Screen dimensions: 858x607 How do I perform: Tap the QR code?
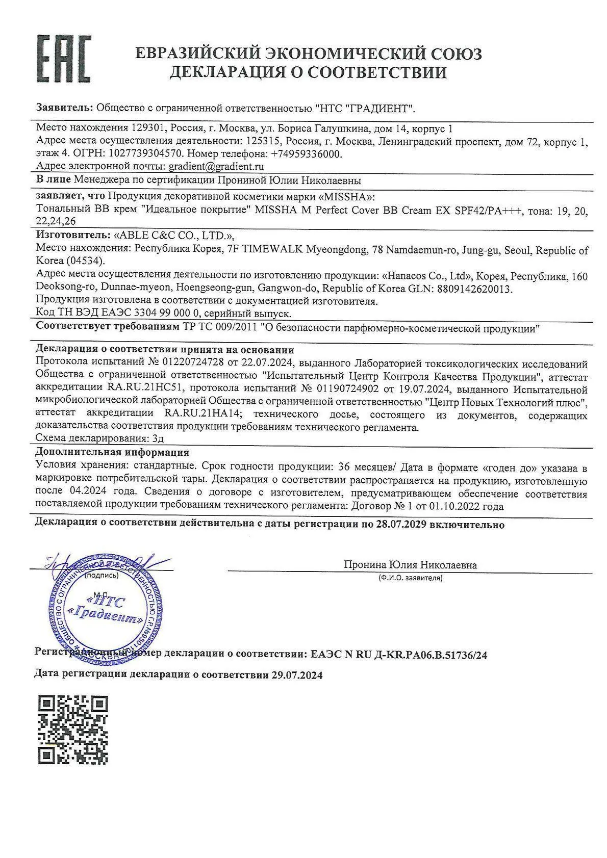73,730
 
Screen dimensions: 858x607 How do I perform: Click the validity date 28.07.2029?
400,525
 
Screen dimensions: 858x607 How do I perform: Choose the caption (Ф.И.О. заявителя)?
410,578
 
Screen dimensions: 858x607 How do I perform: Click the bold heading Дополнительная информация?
112,452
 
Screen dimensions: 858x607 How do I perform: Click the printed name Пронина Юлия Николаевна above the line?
410,565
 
